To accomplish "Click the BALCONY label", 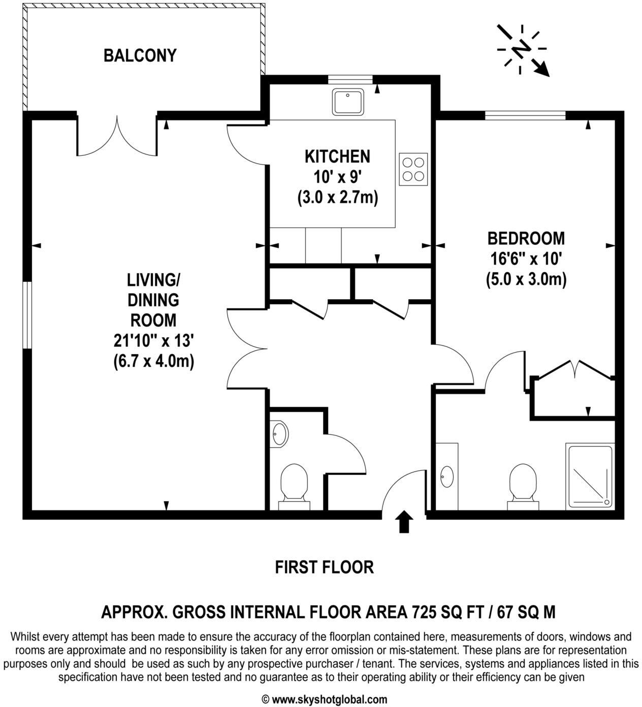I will coord(140,55).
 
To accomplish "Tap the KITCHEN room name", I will coord(337,156).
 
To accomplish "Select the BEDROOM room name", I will coord(526,238).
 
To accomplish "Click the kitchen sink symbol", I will coord(347,102).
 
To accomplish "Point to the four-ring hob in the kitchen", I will coord(413,169).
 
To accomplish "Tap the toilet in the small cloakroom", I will coord(294,485).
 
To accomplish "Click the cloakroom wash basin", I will coord(279,434).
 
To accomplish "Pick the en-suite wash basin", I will coord(447,476).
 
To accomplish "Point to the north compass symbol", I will coord(522,49).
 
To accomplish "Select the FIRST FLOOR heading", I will coord(324,567).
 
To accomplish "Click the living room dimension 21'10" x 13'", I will coord(153,341).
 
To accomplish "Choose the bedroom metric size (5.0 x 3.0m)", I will coord(526,279).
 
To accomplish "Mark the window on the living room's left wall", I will coord(27,314).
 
